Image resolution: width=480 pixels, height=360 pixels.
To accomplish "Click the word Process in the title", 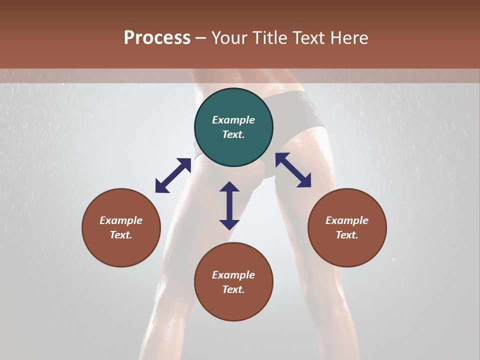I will (x=157, y=37).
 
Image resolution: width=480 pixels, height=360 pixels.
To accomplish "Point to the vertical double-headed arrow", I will (x=229, y=205).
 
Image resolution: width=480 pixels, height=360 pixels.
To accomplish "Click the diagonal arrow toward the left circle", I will (x=173, y=175).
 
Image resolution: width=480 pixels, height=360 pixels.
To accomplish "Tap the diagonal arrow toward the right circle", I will (x=293, y=170).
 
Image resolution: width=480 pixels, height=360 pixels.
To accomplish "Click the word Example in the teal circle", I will (x=233, y=120).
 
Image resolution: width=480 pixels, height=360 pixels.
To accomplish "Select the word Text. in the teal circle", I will (x=233, y=134).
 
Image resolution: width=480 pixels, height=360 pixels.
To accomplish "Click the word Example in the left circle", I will (x=121, y=220).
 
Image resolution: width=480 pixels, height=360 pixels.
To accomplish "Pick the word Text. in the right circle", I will (x=347, y=235).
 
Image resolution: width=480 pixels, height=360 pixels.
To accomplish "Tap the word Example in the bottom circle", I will (x=233, y=275).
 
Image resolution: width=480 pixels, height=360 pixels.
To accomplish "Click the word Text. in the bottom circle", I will (x=233, y=289).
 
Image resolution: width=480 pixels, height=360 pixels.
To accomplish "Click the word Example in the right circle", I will (x=347, y=220).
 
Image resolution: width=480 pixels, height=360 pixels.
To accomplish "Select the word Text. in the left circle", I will (x=121, y=235).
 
